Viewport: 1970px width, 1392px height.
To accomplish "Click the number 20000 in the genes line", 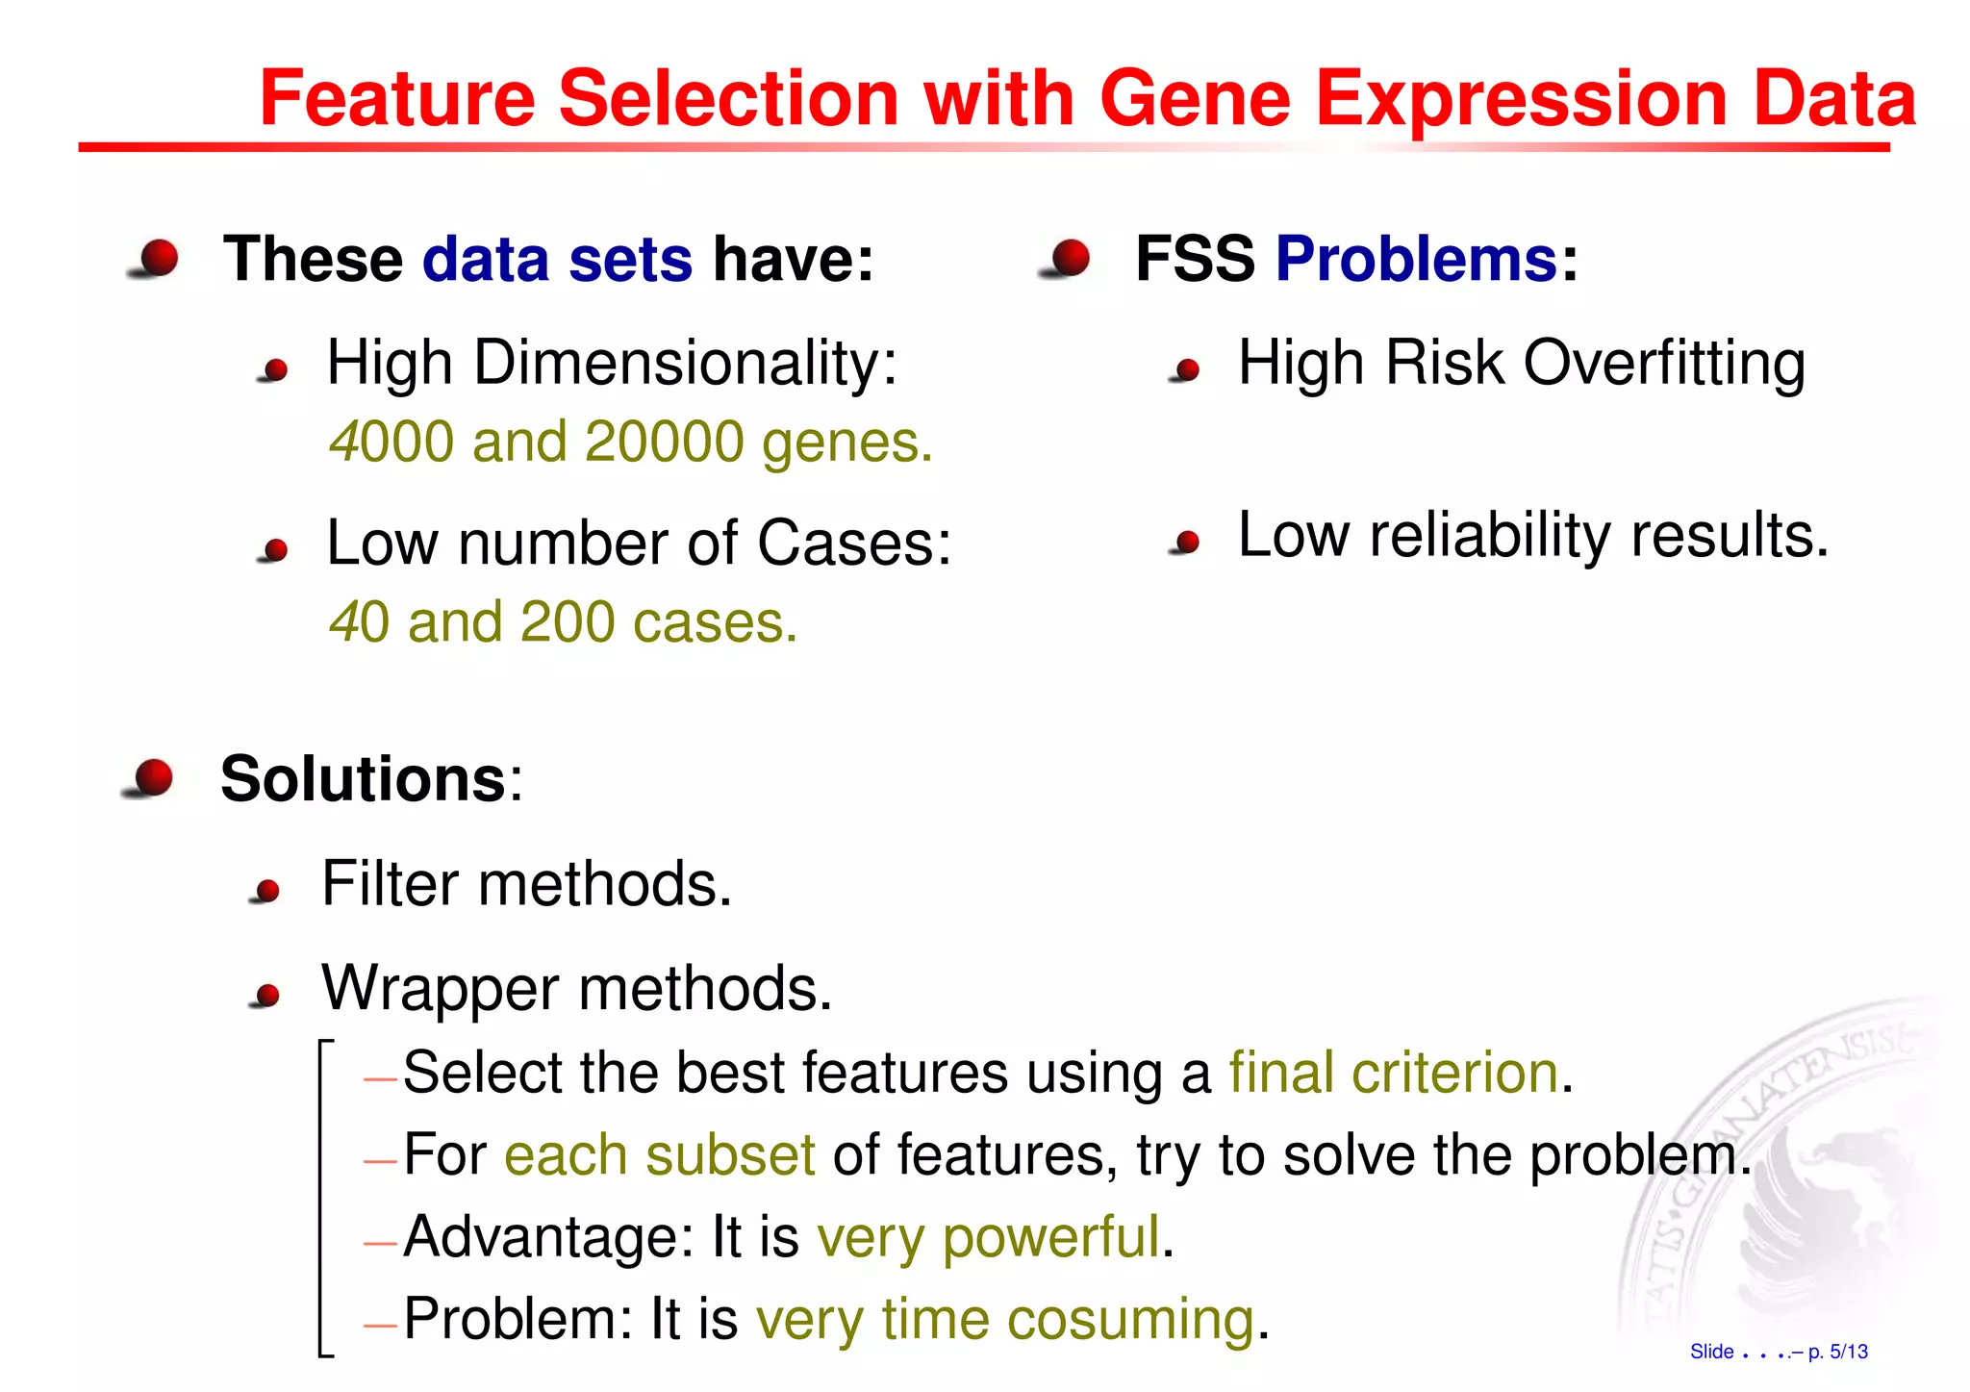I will click(x=664, y=442).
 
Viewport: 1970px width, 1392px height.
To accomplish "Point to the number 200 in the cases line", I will click(x=567, y=621).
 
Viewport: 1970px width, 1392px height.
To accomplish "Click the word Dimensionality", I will click(x=685, y=364).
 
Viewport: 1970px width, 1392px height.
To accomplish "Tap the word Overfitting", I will click(x=1664, y=364).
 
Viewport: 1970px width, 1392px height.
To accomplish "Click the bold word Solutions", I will click(x=363, y=778).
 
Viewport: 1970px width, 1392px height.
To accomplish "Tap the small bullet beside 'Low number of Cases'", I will click(x=276, y=549).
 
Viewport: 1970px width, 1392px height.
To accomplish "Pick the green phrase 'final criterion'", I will click(x=1393, y=1072).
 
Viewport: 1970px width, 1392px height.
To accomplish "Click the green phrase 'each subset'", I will click(x=659, y=1154).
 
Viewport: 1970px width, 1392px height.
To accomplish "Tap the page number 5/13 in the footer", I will click(x=1848, y=1352).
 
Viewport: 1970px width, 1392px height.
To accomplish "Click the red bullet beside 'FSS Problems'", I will click(x=1070, y=258).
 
